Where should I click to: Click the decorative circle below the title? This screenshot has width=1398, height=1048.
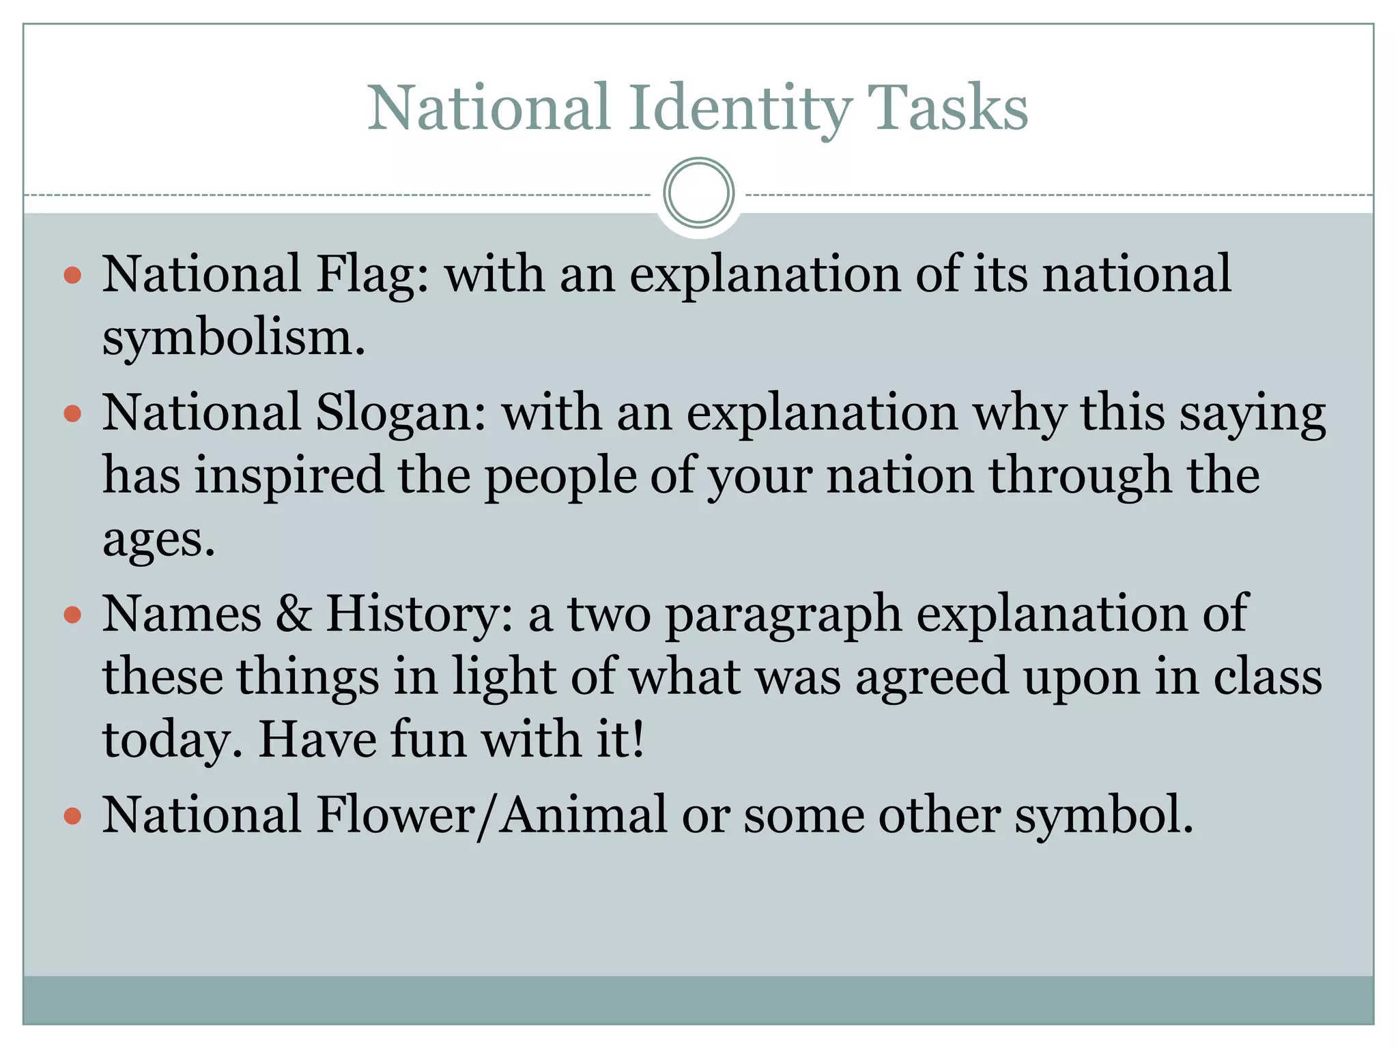pyautogui.click(x=698, y=193)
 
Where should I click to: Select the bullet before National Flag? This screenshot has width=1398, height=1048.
pyautogui.click(x=72, y=276)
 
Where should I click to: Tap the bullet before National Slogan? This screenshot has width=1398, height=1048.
pyautogui.click(x=72, y=414)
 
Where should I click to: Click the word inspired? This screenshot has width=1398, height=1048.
pyautogui.click(x=289, y=476)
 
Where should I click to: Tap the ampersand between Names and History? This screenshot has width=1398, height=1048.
pyautogui.click(x=294, y=614)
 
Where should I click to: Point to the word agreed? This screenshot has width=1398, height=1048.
pyautogui.click(x=931, y=678)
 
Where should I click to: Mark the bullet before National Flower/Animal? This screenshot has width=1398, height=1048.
pyautogui.click(x=72, y=816)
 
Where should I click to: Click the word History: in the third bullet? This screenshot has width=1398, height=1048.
pyautogui.click(x=419, y=614)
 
